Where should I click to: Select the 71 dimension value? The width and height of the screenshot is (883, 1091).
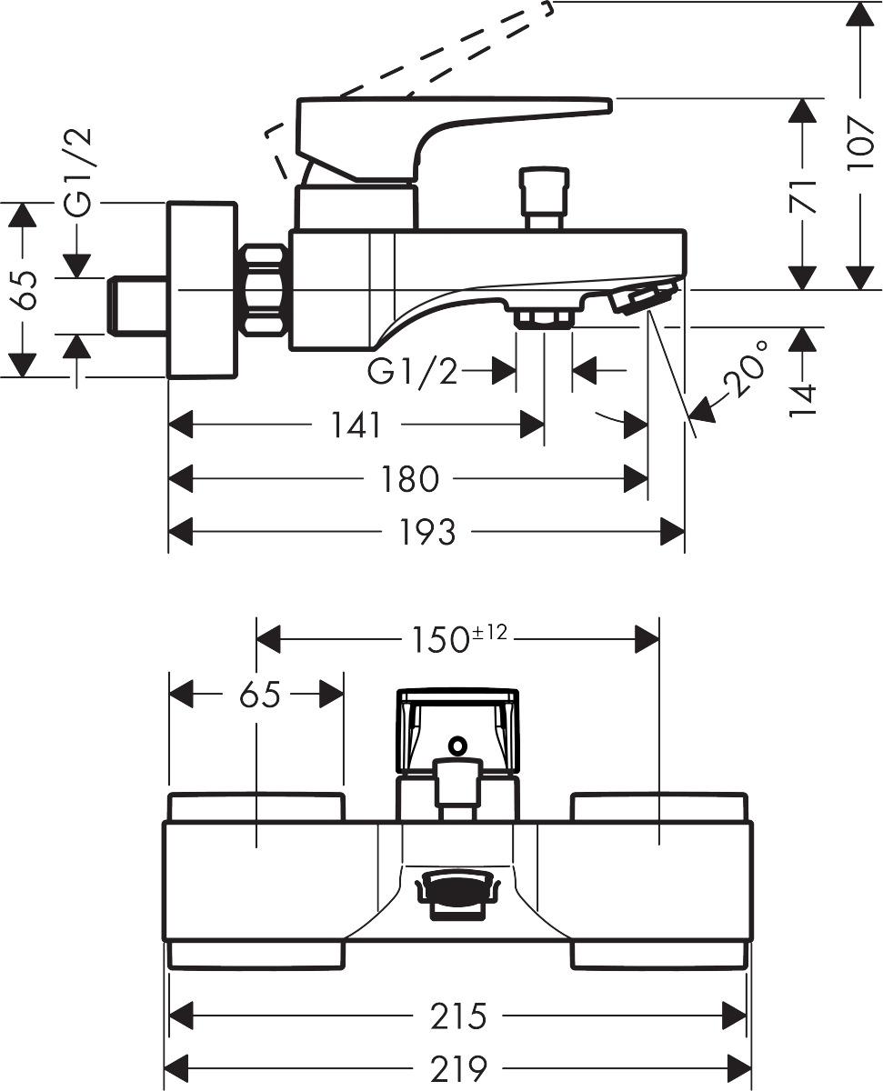pyautogui.click(x=802, y=195)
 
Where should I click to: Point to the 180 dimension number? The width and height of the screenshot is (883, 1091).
pyautogui.click(x=408, y=478)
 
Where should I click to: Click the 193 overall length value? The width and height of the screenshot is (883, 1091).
pyautogui.click(x=426, y=532)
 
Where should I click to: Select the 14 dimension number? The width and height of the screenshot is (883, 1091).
pyautogui.click(x=802, y=399)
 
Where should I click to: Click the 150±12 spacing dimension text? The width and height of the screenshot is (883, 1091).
pyautogui.click(x=454, y=639)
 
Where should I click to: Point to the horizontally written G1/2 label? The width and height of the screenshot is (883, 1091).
pyautogui.click(x=413, y=371)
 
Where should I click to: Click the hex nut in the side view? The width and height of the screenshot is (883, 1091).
pyautogui.click(x=264, y=289)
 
